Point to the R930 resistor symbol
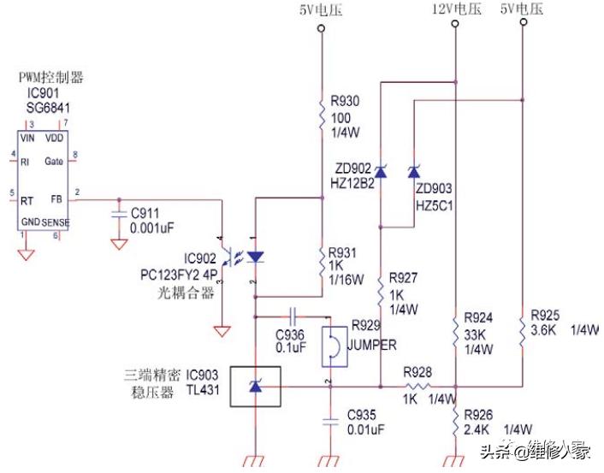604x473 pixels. pos(322,115)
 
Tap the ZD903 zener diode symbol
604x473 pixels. pos(414,172)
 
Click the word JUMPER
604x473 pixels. pos(375,346)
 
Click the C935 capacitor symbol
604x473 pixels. pos(329,421)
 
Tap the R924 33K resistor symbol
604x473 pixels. pos(454,329)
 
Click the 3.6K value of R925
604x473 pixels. pos(544,329)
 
